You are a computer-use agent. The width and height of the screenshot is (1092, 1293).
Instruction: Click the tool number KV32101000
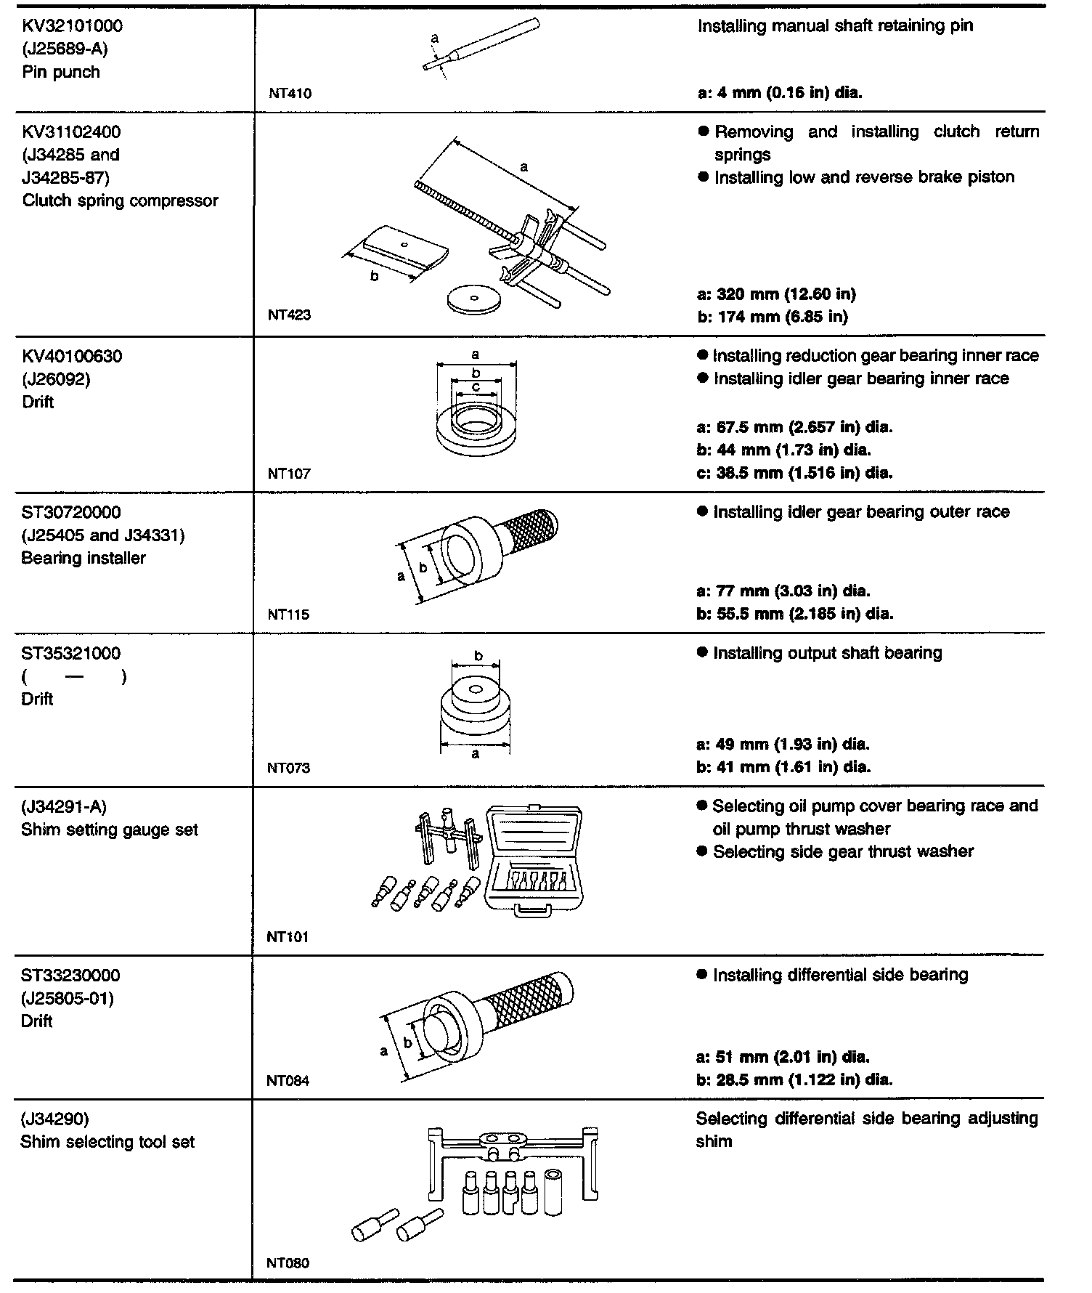pos(73,26)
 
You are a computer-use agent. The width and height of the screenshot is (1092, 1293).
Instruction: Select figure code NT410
pos(289,93)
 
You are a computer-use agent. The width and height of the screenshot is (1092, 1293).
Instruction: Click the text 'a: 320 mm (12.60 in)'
pos(775,294)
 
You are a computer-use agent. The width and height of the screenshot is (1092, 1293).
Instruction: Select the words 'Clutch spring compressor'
pos(121,200)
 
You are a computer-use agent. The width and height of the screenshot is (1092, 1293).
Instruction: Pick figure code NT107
pos(289,474)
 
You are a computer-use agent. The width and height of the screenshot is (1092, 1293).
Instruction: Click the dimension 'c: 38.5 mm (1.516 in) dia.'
pos(794,473)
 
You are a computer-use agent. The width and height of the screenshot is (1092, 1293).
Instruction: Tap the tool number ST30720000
pos(71,513)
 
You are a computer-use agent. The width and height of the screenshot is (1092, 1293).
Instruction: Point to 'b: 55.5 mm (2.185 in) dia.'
pos(794,614)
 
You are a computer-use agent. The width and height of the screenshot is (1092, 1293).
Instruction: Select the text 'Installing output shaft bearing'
pos(827,653)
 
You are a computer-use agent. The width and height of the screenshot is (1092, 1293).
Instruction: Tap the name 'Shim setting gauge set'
pos(110,830)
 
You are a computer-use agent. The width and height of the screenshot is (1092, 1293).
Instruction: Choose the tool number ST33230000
pos(71,976)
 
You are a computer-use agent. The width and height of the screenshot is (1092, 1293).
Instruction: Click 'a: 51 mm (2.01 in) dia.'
pos(782,1057)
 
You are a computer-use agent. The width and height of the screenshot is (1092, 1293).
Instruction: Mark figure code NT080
pos(288,1263)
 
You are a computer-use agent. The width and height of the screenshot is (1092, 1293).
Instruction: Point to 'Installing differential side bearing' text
pos(840,975)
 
